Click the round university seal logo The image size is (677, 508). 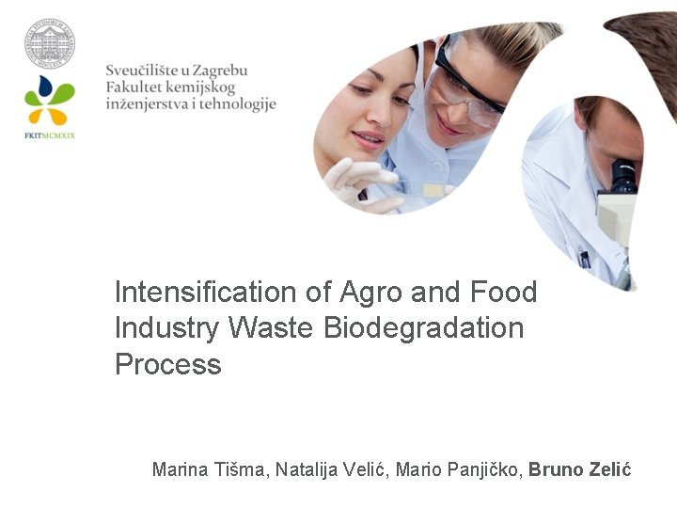(x=50, y=42)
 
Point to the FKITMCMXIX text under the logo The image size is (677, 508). (x=50, y=135)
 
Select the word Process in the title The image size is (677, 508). (x=167, y=364)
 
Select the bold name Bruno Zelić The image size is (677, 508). (x=579, y=469)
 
